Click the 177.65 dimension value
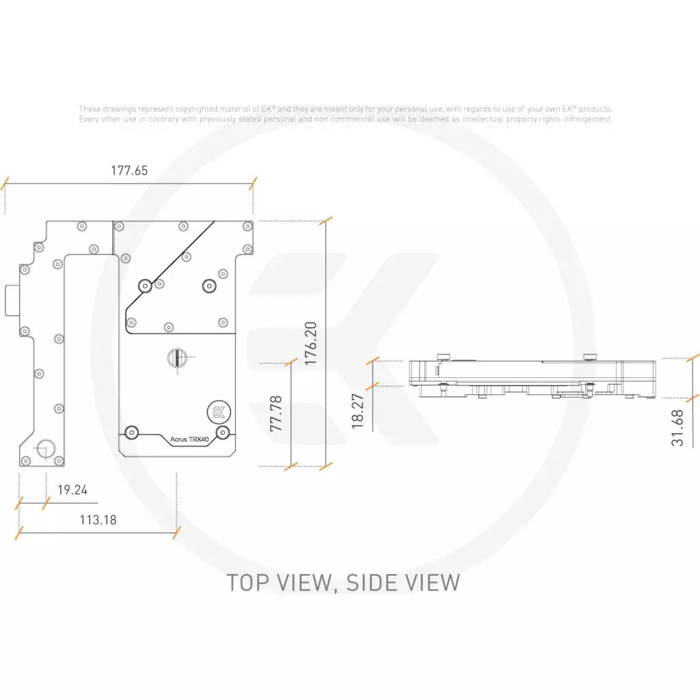point(129,170)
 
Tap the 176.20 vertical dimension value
point(311,343)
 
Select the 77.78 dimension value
point(276,414)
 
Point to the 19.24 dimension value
point(72,489)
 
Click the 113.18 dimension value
point(98,520)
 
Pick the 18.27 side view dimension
point(358,411)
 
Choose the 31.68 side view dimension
point(677,428)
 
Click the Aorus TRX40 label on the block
point(189,440)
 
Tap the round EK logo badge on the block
point(219,412)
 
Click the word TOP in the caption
point(247,583)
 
